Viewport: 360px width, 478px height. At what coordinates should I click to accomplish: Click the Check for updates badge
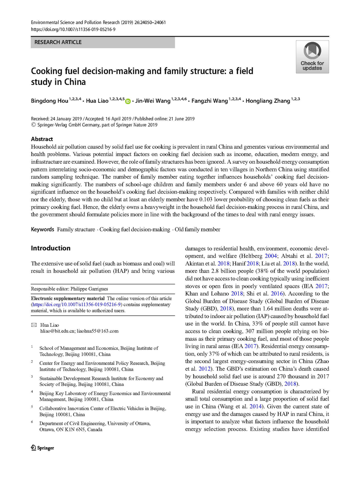312,57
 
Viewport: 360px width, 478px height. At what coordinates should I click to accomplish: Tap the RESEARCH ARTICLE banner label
58,42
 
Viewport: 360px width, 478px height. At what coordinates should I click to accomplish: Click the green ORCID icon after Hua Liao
128,100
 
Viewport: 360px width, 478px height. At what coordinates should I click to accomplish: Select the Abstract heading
42,139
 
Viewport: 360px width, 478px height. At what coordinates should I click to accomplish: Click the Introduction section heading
51,248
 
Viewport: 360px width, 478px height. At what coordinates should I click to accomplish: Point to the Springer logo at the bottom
42,448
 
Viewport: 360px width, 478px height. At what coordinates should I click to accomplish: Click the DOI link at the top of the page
73,30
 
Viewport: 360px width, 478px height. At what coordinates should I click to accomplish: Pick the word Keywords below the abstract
42,229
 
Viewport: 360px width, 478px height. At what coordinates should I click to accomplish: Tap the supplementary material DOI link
77,304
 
